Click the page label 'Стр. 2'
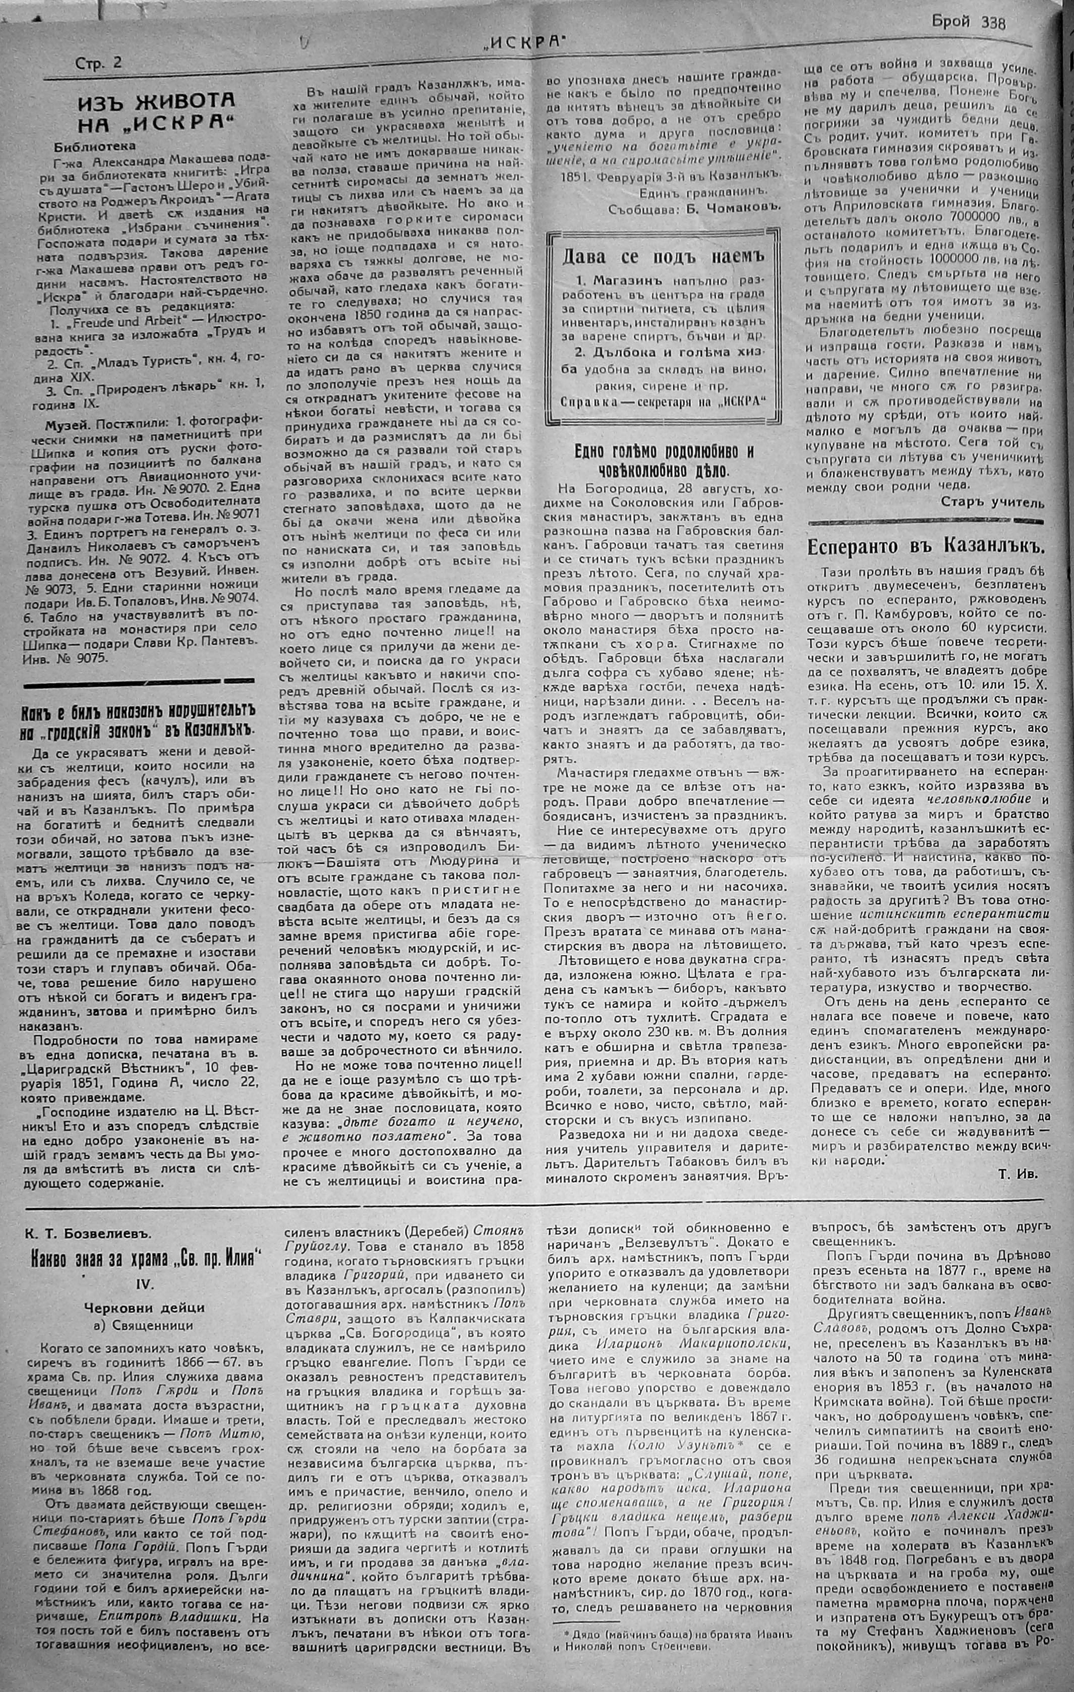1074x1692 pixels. click(98, 63)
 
